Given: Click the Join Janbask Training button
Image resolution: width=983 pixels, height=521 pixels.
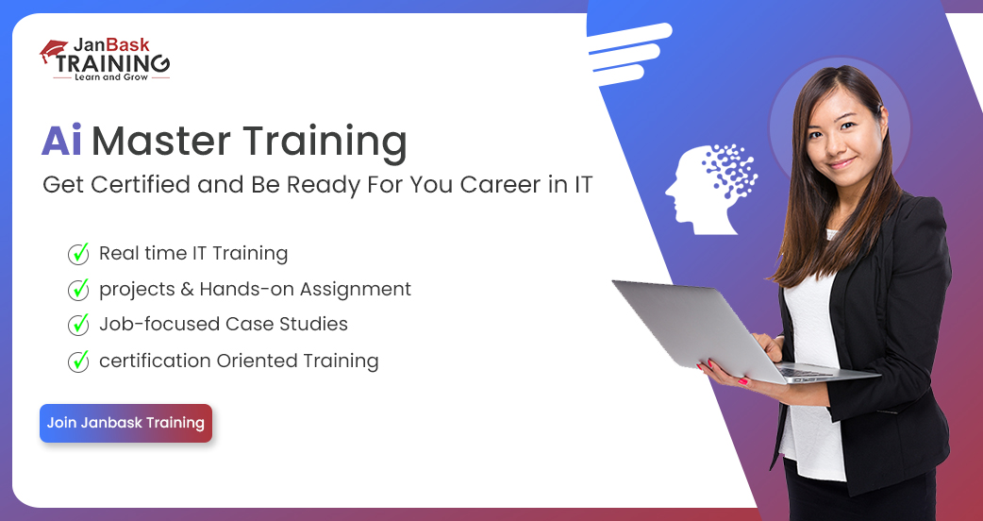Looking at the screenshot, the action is tap(126, 423).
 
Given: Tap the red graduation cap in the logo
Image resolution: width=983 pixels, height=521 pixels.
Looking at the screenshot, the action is tap(53, 50).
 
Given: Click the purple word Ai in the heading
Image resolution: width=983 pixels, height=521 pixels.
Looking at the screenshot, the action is tap(61, 141).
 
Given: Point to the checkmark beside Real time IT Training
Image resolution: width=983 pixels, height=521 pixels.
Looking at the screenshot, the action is tap(78, 253).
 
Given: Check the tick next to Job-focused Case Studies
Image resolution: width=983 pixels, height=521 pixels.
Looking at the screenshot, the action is tap(78, 324).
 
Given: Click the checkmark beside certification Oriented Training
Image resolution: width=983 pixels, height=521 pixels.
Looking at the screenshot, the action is tap(78, 361).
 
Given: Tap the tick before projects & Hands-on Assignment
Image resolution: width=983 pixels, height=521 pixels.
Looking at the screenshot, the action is tap(78, 289).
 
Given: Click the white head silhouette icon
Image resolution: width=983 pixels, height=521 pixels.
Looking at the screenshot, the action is tap(711, 190).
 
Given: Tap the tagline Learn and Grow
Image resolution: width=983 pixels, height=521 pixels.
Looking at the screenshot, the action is tap(111, 77).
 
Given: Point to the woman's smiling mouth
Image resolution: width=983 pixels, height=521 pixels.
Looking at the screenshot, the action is tap(841, 163).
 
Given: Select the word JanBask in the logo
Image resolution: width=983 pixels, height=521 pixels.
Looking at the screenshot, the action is tap(111, 45).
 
